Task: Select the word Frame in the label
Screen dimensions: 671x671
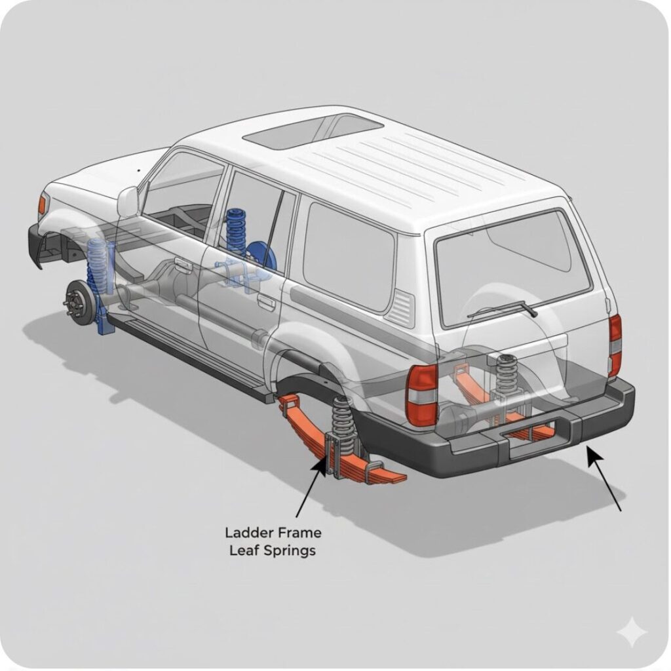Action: [x=299, y=533]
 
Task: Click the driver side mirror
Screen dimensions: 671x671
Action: [x=128, y=201]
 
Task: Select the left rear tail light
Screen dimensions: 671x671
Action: [x=421, y=395]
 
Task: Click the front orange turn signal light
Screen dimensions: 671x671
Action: [x=42, y=203]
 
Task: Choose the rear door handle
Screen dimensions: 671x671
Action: [x=266, y=302]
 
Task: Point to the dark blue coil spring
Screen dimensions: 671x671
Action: [x=235, y=231]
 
